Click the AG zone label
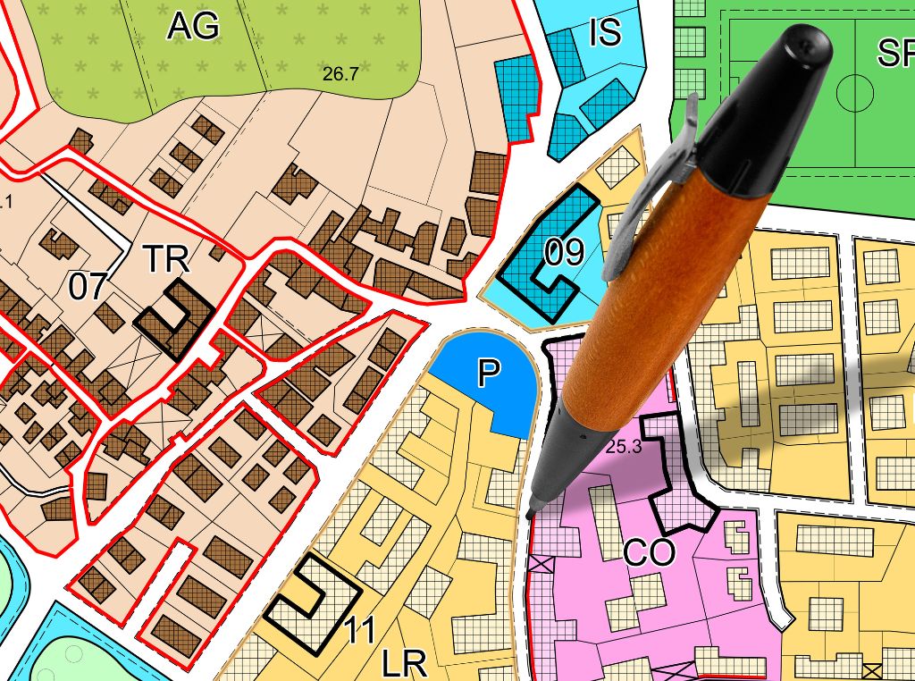coord(193,27)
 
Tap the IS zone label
coord(605,33)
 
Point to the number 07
coord(88,288)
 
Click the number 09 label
coord(564,254)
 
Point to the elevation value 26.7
coord(340,75)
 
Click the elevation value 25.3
coord(624,448)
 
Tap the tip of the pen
coord(531,514)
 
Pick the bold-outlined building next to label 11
coord(312,594)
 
